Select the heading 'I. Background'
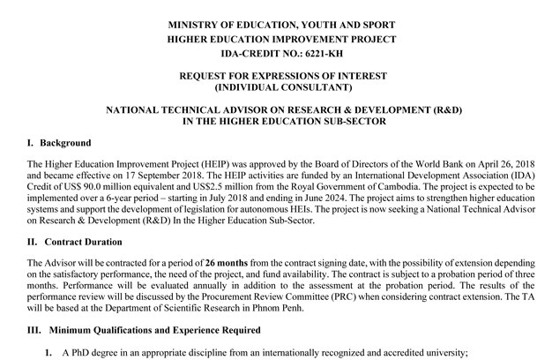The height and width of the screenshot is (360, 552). tap(61, 142)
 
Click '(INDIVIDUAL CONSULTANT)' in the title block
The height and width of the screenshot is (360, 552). tap(275, 89)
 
